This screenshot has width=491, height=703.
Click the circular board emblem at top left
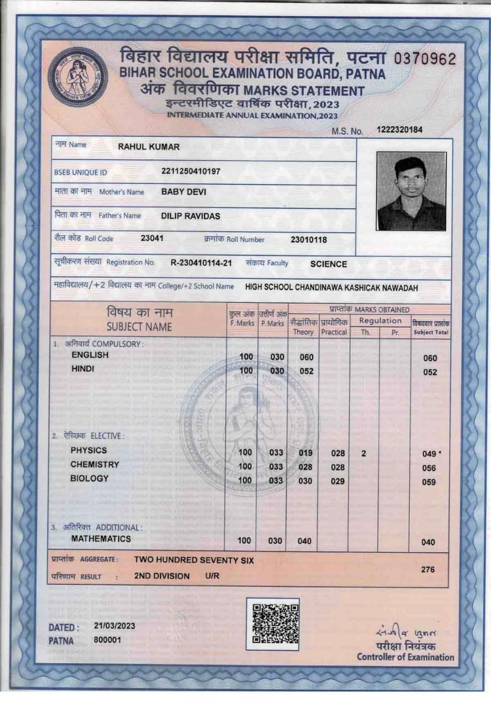tap(78, 77)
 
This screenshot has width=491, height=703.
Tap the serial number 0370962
tap(425, 59)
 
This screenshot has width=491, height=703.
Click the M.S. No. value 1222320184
tap(400, 130)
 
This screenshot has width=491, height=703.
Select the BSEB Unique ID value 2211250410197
tap(191, 171)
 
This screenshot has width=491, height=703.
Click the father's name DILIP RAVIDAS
tap(190, 216)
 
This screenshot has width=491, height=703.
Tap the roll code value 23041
tap(152, 238)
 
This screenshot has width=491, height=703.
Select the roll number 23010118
tap(308, 239)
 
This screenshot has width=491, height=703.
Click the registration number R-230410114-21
tap(201, 263)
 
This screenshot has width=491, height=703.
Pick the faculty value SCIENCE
tap(328, 264)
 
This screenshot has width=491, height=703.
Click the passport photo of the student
tap(411, 191)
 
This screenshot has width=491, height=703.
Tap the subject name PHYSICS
tap(89, 450)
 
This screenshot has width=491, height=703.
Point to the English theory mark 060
tap(306, 358)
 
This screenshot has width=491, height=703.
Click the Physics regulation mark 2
tap(363, 454)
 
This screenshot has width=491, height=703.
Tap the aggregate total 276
tap(427, 570)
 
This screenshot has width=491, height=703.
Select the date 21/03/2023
tap(114, 626)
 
